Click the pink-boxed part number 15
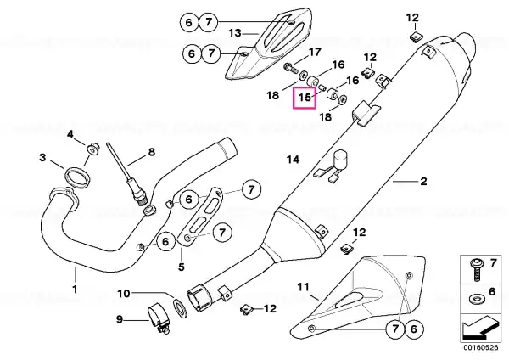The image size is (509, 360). (304, 98)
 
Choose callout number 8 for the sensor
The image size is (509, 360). (152, 153)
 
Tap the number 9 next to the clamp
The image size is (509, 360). (119, 320)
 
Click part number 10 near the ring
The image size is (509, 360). (123, 294)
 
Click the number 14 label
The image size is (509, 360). (293, 159)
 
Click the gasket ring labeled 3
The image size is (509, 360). (77, 176)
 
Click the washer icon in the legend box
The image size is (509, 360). (473, 299)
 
